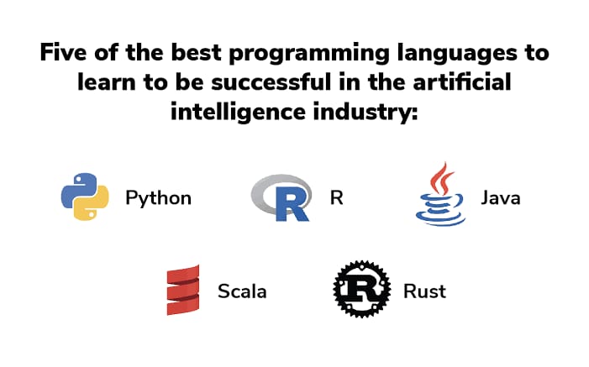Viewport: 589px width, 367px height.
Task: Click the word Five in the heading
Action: point(63,52)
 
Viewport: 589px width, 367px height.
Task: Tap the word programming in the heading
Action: point(309,54)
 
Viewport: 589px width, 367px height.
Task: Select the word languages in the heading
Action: point(457,54)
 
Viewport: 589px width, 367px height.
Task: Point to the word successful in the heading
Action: point(271,82)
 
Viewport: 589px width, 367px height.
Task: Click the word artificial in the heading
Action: point(462,82)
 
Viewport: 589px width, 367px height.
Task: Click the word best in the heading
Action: point(196,52)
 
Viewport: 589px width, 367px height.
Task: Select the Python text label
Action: point(159,199)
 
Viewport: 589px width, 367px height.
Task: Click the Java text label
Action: point(501,198)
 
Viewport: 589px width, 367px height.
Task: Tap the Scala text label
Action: point(242,291)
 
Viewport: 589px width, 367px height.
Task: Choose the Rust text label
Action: point(424,291)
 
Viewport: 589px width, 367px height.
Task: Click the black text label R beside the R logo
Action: point(337,198)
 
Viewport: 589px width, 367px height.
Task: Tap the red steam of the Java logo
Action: point(442,178)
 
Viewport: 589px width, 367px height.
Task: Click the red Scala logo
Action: point(183,290)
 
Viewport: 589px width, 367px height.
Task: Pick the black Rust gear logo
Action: point(362,289)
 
